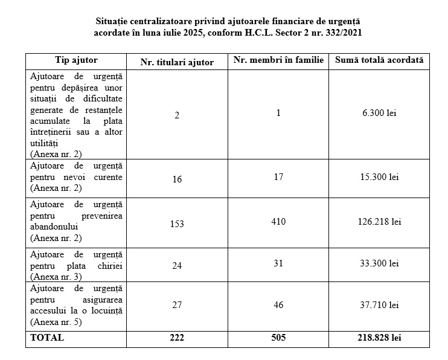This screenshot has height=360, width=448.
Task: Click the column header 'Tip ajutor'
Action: (76, 60)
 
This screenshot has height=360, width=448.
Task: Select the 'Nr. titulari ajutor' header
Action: (176, 62)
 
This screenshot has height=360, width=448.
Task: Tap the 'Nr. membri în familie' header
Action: (278, 60)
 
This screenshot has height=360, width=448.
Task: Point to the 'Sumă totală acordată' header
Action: (379, 60)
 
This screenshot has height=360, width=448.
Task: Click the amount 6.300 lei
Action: (379, 113)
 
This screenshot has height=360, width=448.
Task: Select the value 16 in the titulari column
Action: (177, 179)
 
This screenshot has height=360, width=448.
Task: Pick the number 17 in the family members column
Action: (278, 177)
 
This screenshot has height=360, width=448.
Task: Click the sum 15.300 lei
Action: (379, 177)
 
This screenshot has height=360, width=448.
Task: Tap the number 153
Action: (177, 224)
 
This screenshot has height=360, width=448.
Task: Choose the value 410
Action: (278, 222)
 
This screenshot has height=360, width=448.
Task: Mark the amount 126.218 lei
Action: (379, 222)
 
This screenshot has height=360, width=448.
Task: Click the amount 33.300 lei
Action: (379, 263)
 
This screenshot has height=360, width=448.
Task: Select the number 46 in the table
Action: (278, 305)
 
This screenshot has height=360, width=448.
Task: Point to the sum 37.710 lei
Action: (379, 305)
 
